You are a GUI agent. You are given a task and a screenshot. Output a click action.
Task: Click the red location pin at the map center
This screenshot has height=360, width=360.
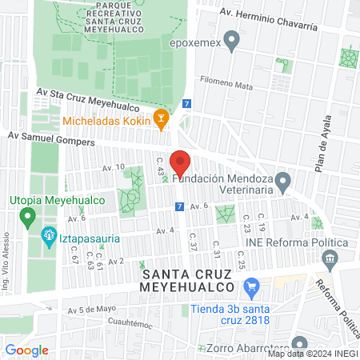[180, 163]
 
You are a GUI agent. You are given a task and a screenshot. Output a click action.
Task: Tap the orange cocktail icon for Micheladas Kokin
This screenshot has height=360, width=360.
[161, 120]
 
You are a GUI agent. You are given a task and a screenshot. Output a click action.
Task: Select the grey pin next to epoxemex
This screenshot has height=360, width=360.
[232, 38]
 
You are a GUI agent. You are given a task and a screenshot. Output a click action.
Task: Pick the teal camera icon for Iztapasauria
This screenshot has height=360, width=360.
[47, 236]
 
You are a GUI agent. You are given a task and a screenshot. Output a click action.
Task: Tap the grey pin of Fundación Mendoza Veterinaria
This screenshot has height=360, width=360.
[282, 185]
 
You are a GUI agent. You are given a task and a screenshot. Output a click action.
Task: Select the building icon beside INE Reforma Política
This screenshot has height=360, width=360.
[328, 258]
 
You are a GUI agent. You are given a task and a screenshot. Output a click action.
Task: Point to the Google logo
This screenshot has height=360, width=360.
[27, 350]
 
